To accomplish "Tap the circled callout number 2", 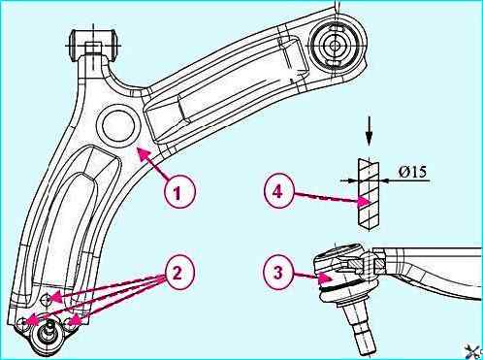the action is (x=178, y=274).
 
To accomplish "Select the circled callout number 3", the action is (x=278, y=273).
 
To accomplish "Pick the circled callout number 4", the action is (x=278, y=192).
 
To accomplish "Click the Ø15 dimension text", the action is (x=412, y=172).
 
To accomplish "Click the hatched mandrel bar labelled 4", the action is (x=369, y=194).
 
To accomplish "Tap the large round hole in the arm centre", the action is (x=118, y=125).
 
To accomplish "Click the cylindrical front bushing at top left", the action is (x=94, y=45).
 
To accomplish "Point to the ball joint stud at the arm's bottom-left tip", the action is (x=48, y=332).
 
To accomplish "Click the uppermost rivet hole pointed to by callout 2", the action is (x=47, y=300).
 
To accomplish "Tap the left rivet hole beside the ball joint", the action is (x=23, y=323).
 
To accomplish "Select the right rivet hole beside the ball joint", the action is (x=71, y=322).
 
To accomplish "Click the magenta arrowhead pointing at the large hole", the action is (x=144, y=153).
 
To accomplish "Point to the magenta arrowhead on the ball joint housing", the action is (x=326, y=277).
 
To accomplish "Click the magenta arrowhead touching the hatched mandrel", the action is (x=365, y=203).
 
